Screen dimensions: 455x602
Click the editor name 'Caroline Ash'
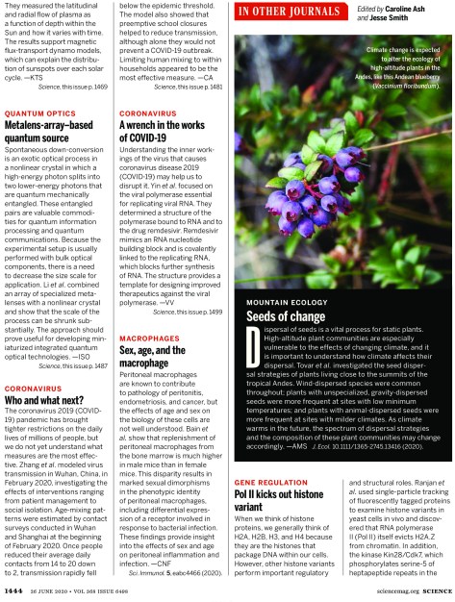pyautogui.click(x=406, y=8)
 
